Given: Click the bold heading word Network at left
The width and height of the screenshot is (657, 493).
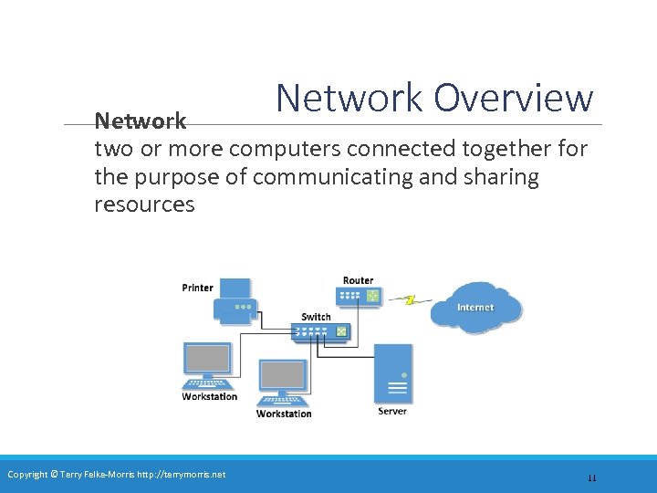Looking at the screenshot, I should [141, 121].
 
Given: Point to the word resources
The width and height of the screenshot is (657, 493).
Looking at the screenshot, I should [144, 204].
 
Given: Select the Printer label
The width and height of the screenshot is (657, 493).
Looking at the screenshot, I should [197, 288].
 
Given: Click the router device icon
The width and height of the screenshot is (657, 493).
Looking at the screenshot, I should [358, 296].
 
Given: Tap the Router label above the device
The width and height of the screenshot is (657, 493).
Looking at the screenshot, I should [358, 280].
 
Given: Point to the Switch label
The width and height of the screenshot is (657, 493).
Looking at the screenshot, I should [316, 317].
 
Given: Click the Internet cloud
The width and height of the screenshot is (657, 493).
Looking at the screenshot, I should [475, 306].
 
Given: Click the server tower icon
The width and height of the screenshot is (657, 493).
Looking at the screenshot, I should [393, 373].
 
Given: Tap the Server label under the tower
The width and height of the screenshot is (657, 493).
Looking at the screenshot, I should [392, 411].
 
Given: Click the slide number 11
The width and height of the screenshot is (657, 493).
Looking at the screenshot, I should [591, 477].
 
